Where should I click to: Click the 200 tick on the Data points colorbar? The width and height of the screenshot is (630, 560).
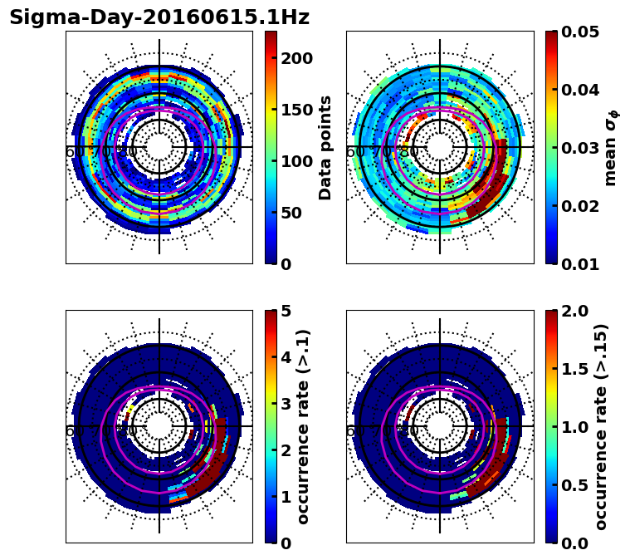(x=296, y=58)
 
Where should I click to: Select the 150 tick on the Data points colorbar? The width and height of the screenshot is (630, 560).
(x=296, y=110)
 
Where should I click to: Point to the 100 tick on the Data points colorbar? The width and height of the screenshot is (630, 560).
(x=296, y=161)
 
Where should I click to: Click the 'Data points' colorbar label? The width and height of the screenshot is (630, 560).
(x=325, y=148)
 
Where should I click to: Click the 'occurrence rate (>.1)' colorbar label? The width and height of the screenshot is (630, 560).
(x=304, y=427)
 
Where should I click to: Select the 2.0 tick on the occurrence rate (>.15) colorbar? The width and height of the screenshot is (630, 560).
(x=572, y=311)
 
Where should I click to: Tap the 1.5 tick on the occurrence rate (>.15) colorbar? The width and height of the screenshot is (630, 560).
(x=572, y=369)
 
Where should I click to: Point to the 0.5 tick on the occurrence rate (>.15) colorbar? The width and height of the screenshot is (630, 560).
(x=572, y=485)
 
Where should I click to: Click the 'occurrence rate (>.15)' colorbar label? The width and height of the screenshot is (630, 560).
(x=601, y=427)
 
